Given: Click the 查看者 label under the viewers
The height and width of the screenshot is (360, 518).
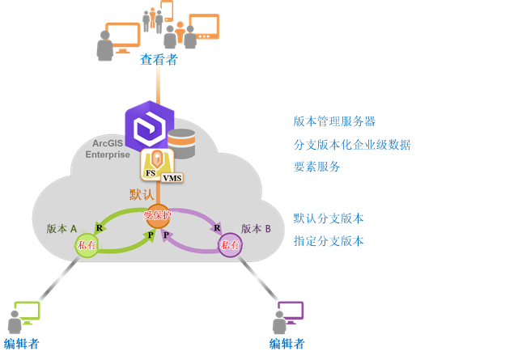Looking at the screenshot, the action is [x=159, y=60].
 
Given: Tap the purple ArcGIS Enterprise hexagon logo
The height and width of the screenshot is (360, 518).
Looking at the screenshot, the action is [x=149, y=125].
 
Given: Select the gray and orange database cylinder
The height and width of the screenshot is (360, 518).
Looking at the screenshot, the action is [x=181, y=143].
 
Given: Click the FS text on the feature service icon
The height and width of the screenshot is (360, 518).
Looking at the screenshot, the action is [x=151, y=173].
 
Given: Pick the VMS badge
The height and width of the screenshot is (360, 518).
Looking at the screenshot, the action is [x=172, y=178].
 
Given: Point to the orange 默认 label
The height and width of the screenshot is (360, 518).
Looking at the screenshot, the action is [x=142, y=194].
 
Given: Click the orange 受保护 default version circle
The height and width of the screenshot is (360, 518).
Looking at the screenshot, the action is [x=158, y=216].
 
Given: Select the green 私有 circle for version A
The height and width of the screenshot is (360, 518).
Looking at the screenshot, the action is [x=87, y=245].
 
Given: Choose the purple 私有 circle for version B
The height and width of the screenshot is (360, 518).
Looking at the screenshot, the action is [x=230, y=245].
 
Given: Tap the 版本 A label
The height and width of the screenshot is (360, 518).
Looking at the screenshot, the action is [x=62, y=229].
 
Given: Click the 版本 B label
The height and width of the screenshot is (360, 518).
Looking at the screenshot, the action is [x=256, y=229].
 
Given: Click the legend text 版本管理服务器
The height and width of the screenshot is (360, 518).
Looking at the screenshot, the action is [x=334, y=121].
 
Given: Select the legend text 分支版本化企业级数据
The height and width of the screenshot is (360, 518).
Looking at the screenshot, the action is [x=352, y=145].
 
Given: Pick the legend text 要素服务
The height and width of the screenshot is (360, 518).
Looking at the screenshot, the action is [x=316, y=167].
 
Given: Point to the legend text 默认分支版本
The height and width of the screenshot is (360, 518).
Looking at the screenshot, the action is [x=329, y=218].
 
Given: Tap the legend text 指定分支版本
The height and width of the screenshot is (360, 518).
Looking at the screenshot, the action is [x=329, y=241].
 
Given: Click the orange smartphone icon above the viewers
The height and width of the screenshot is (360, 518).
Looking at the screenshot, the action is [x=167, y=11].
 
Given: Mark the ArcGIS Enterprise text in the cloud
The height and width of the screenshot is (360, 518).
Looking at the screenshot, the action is [x=108, y=149].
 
